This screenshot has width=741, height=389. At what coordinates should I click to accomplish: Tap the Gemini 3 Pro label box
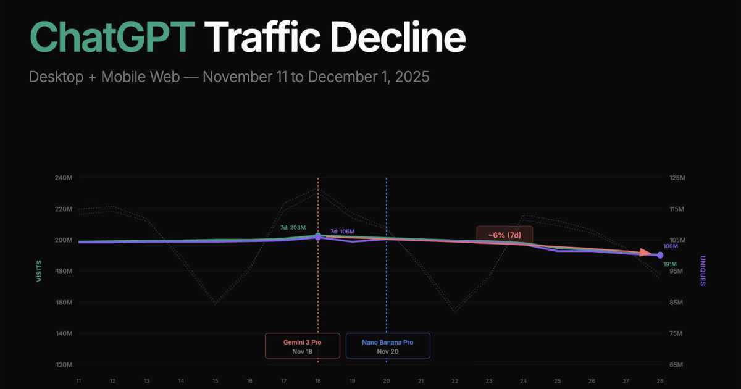click(303, 346)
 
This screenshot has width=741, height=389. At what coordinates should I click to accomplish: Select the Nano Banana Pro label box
click(388, 346)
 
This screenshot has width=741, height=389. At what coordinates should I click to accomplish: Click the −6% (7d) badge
click(504, 235)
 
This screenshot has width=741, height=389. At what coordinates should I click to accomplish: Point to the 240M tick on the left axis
click(64, 178)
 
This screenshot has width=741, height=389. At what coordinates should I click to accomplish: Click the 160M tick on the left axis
click(64, 303)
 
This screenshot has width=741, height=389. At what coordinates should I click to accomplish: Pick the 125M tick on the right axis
click(677, 178)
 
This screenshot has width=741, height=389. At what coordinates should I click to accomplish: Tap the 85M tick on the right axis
click(677, 303)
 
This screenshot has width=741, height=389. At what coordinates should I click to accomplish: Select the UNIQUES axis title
click(702, 271)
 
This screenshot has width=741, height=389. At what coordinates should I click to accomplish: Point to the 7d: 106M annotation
click(342, 232)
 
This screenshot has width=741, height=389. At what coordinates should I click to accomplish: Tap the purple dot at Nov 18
click(318, 237)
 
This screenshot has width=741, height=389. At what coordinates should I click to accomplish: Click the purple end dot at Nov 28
click(660, 255)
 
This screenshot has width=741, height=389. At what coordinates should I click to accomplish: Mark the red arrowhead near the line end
click(646, 253)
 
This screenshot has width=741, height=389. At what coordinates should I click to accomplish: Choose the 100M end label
click(671, 247)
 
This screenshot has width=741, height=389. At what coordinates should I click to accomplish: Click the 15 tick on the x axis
click(216, 381)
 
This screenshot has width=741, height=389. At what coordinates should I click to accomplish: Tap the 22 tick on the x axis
click(454, 381)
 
